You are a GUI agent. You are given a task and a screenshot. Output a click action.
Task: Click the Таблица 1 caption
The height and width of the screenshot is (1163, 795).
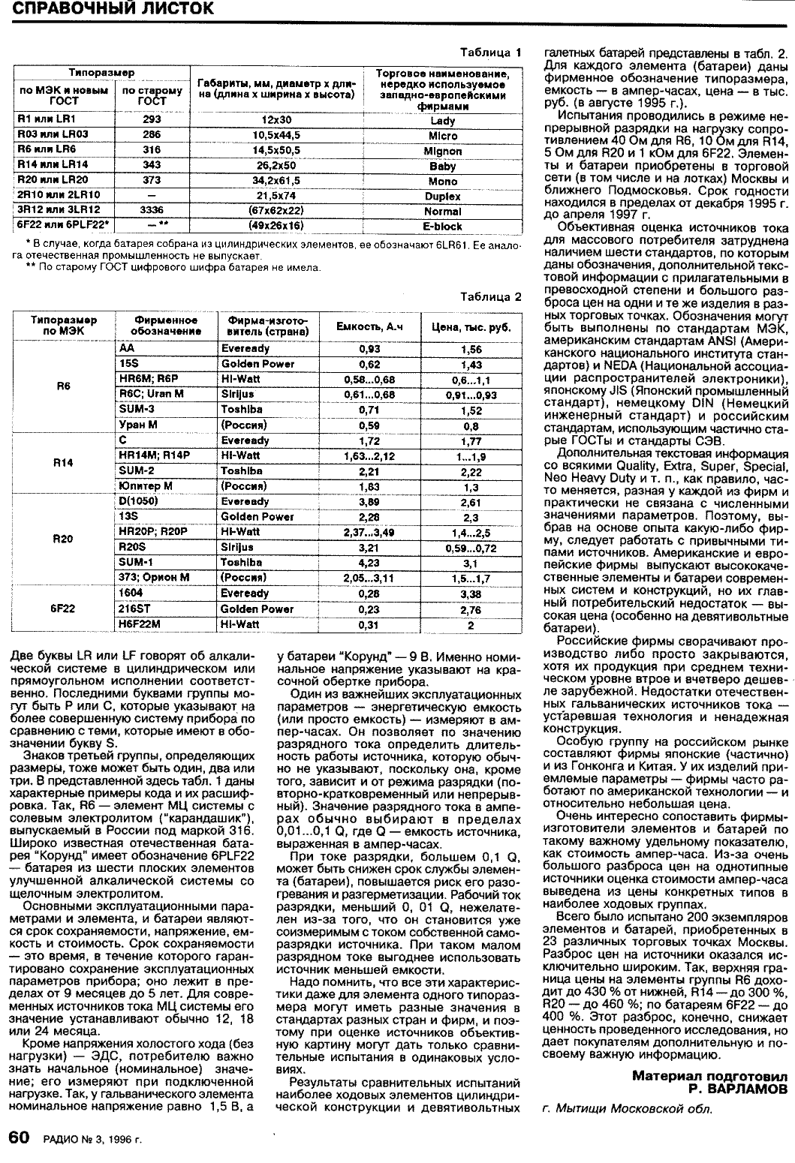point(491,53)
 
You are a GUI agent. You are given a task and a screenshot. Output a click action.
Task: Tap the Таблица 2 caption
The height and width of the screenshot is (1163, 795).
point(491,296)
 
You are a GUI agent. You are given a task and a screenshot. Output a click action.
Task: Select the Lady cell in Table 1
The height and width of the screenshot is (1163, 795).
point(443,119)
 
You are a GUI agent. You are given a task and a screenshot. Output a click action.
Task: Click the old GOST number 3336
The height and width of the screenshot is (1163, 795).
point(152,210)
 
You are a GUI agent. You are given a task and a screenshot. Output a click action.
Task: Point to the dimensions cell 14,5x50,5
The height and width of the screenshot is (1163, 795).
point(276,150)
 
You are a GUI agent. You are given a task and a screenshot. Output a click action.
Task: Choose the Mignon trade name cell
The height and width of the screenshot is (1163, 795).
point(443,150)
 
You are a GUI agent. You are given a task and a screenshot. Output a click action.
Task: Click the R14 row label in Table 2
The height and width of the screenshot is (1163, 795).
point(63,463)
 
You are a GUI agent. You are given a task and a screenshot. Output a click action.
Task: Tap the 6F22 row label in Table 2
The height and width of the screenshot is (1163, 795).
point(63,608)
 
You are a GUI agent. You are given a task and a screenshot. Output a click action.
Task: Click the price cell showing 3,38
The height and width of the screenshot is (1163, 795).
point(471,594)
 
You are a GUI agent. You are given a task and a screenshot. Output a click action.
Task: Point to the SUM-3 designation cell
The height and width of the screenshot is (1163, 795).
point(137,410)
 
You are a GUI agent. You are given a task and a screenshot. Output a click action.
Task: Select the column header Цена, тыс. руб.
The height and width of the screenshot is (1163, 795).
point(471,326)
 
